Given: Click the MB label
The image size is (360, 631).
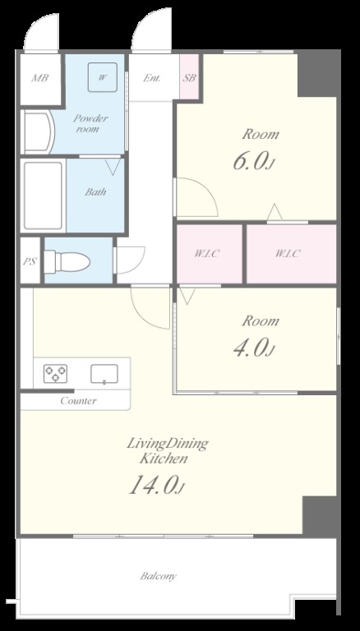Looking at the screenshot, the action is click(x=40, y=78).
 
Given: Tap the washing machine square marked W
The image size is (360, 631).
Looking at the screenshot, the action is click(x=103, y=78).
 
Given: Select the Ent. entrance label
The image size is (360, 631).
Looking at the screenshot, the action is click(x=152, y=78).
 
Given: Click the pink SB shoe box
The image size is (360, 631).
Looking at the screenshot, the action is click(x=189, y=77).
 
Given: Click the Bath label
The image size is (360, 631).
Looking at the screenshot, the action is click(x=95, y=192).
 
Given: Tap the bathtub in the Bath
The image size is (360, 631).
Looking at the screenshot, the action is click(x=43, y=196).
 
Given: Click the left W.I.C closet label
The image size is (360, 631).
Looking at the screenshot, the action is click(x=208, y=254).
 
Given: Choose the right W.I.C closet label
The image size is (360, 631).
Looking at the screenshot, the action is click(x=288, y=254).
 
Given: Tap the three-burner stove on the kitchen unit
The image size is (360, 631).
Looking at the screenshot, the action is click(x=56, y=374).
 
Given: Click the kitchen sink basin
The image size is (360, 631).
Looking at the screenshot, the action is click(x=104, y=374).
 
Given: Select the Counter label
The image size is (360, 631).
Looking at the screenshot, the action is click(x=79, y=401).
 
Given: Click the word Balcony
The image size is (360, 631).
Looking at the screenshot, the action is click(x=159, y=576).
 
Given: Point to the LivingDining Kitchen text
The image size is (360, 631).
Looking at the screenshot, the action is click(x=168, y=451).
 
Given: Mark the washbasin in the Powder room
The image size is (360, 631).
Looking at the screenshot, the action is click(x=39, y=132).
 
